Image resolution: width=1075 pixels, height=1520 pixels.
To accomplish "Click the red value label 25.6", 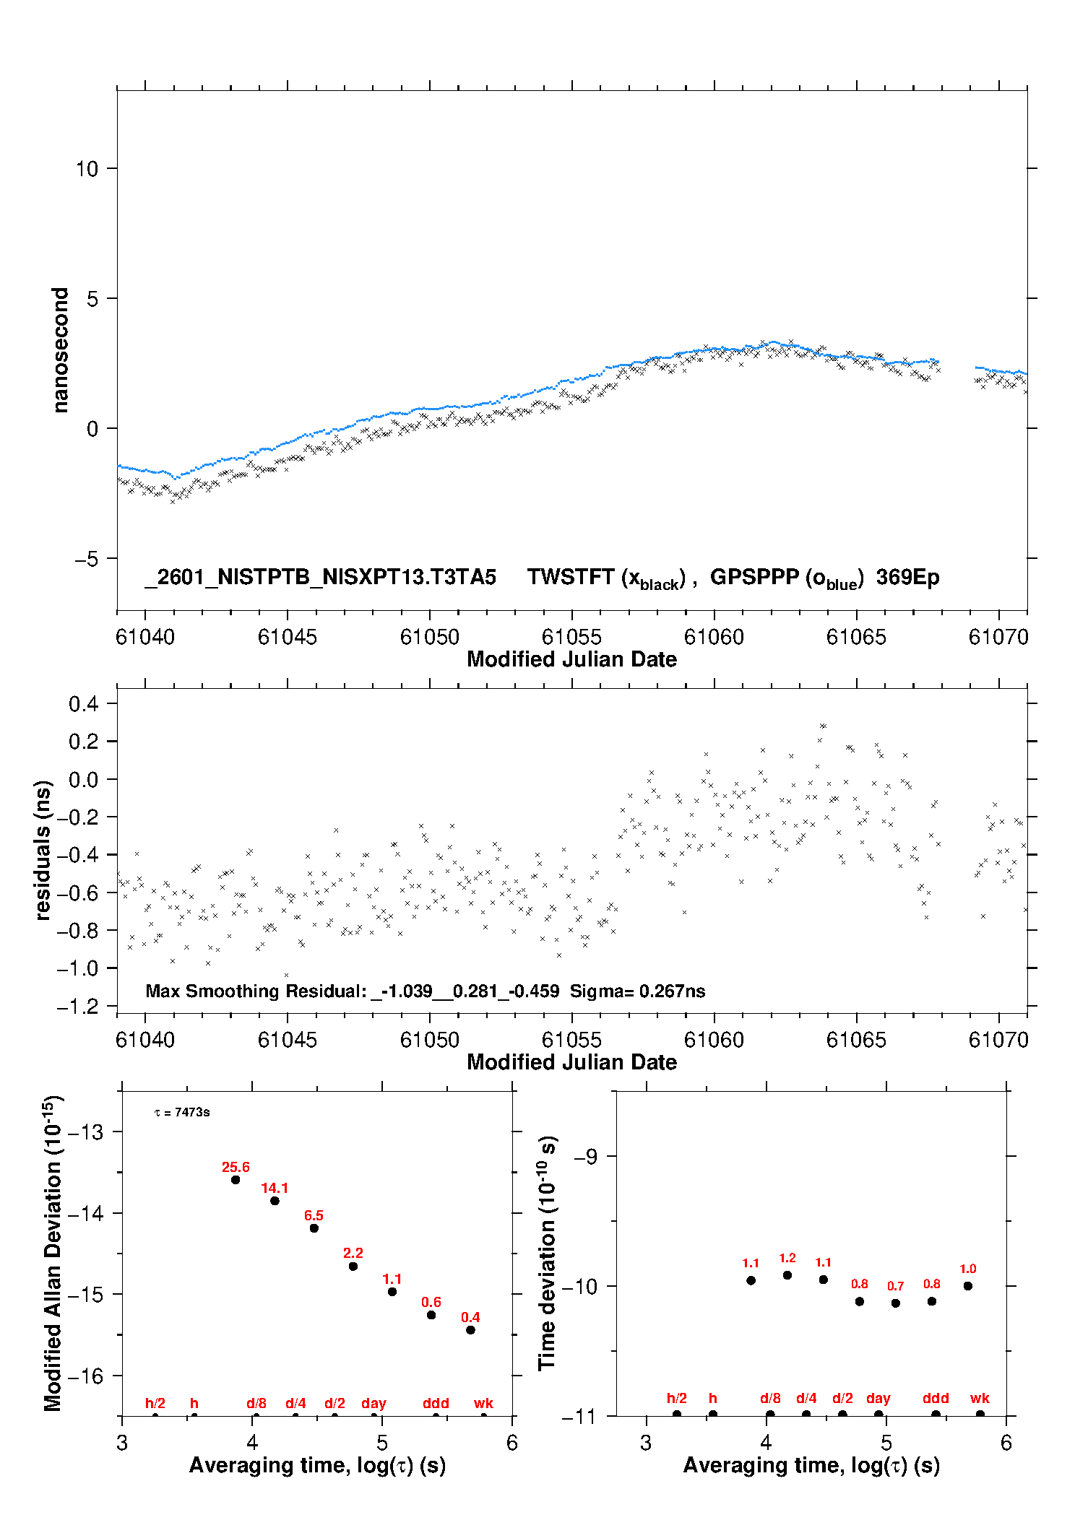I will (x=236, y=1167).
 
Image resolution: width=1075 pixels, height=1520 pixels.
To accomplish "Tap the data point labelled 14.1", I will (x=275, y=1201).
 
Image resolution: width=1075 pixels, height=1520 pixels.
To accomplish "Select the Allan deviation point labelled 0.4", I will (x=470, y=1329).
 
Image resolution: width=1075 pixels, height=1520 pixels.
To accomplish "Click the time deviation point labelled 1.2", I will (x=787, y=1275).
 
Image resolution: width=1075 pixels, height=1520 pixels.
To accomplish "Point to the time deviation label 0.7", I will (x=895, y=1286).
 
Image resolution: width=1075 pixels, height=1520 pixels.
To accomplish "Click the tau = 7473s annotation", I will (x=182, y=1112).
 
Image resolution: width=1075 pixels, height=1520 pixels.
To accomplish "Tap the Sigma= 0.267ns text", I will (x=637, y=991).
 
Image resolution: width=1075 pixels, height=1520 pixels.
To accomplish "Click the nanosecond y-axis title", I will (x=60, y=350).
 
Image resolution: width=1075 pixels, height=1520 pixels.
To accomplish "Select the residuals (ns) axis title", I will (x=43, y=850).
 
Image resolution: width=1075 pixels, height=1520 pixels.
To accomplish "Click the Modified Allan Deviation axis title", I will (x=53, y=1253).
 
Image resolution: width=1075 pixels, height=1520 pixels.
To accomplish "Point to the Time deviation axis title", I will (x=548, y=1253).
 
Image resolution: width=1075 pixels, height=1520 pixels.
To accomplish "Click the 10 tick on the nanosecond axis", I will (x=87, y=169).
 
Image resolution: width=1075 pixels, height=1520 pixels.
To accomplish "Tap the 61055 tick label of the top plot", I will (x=571, y=637).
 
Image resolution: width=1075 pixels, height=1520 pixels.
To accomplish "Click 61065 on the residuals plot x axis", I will (x=856, y=1040).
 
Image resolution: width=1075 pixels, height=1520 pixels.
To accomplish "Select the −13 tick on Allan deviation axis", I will (x=85, y=1132).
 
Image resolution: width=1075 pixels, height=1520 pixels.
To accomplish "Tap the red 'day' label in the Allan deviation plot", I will (x=374, y=1403).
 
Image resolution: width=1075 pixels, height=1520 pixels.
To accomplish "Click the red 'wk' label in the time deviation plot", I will (x=980, y=1398).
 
